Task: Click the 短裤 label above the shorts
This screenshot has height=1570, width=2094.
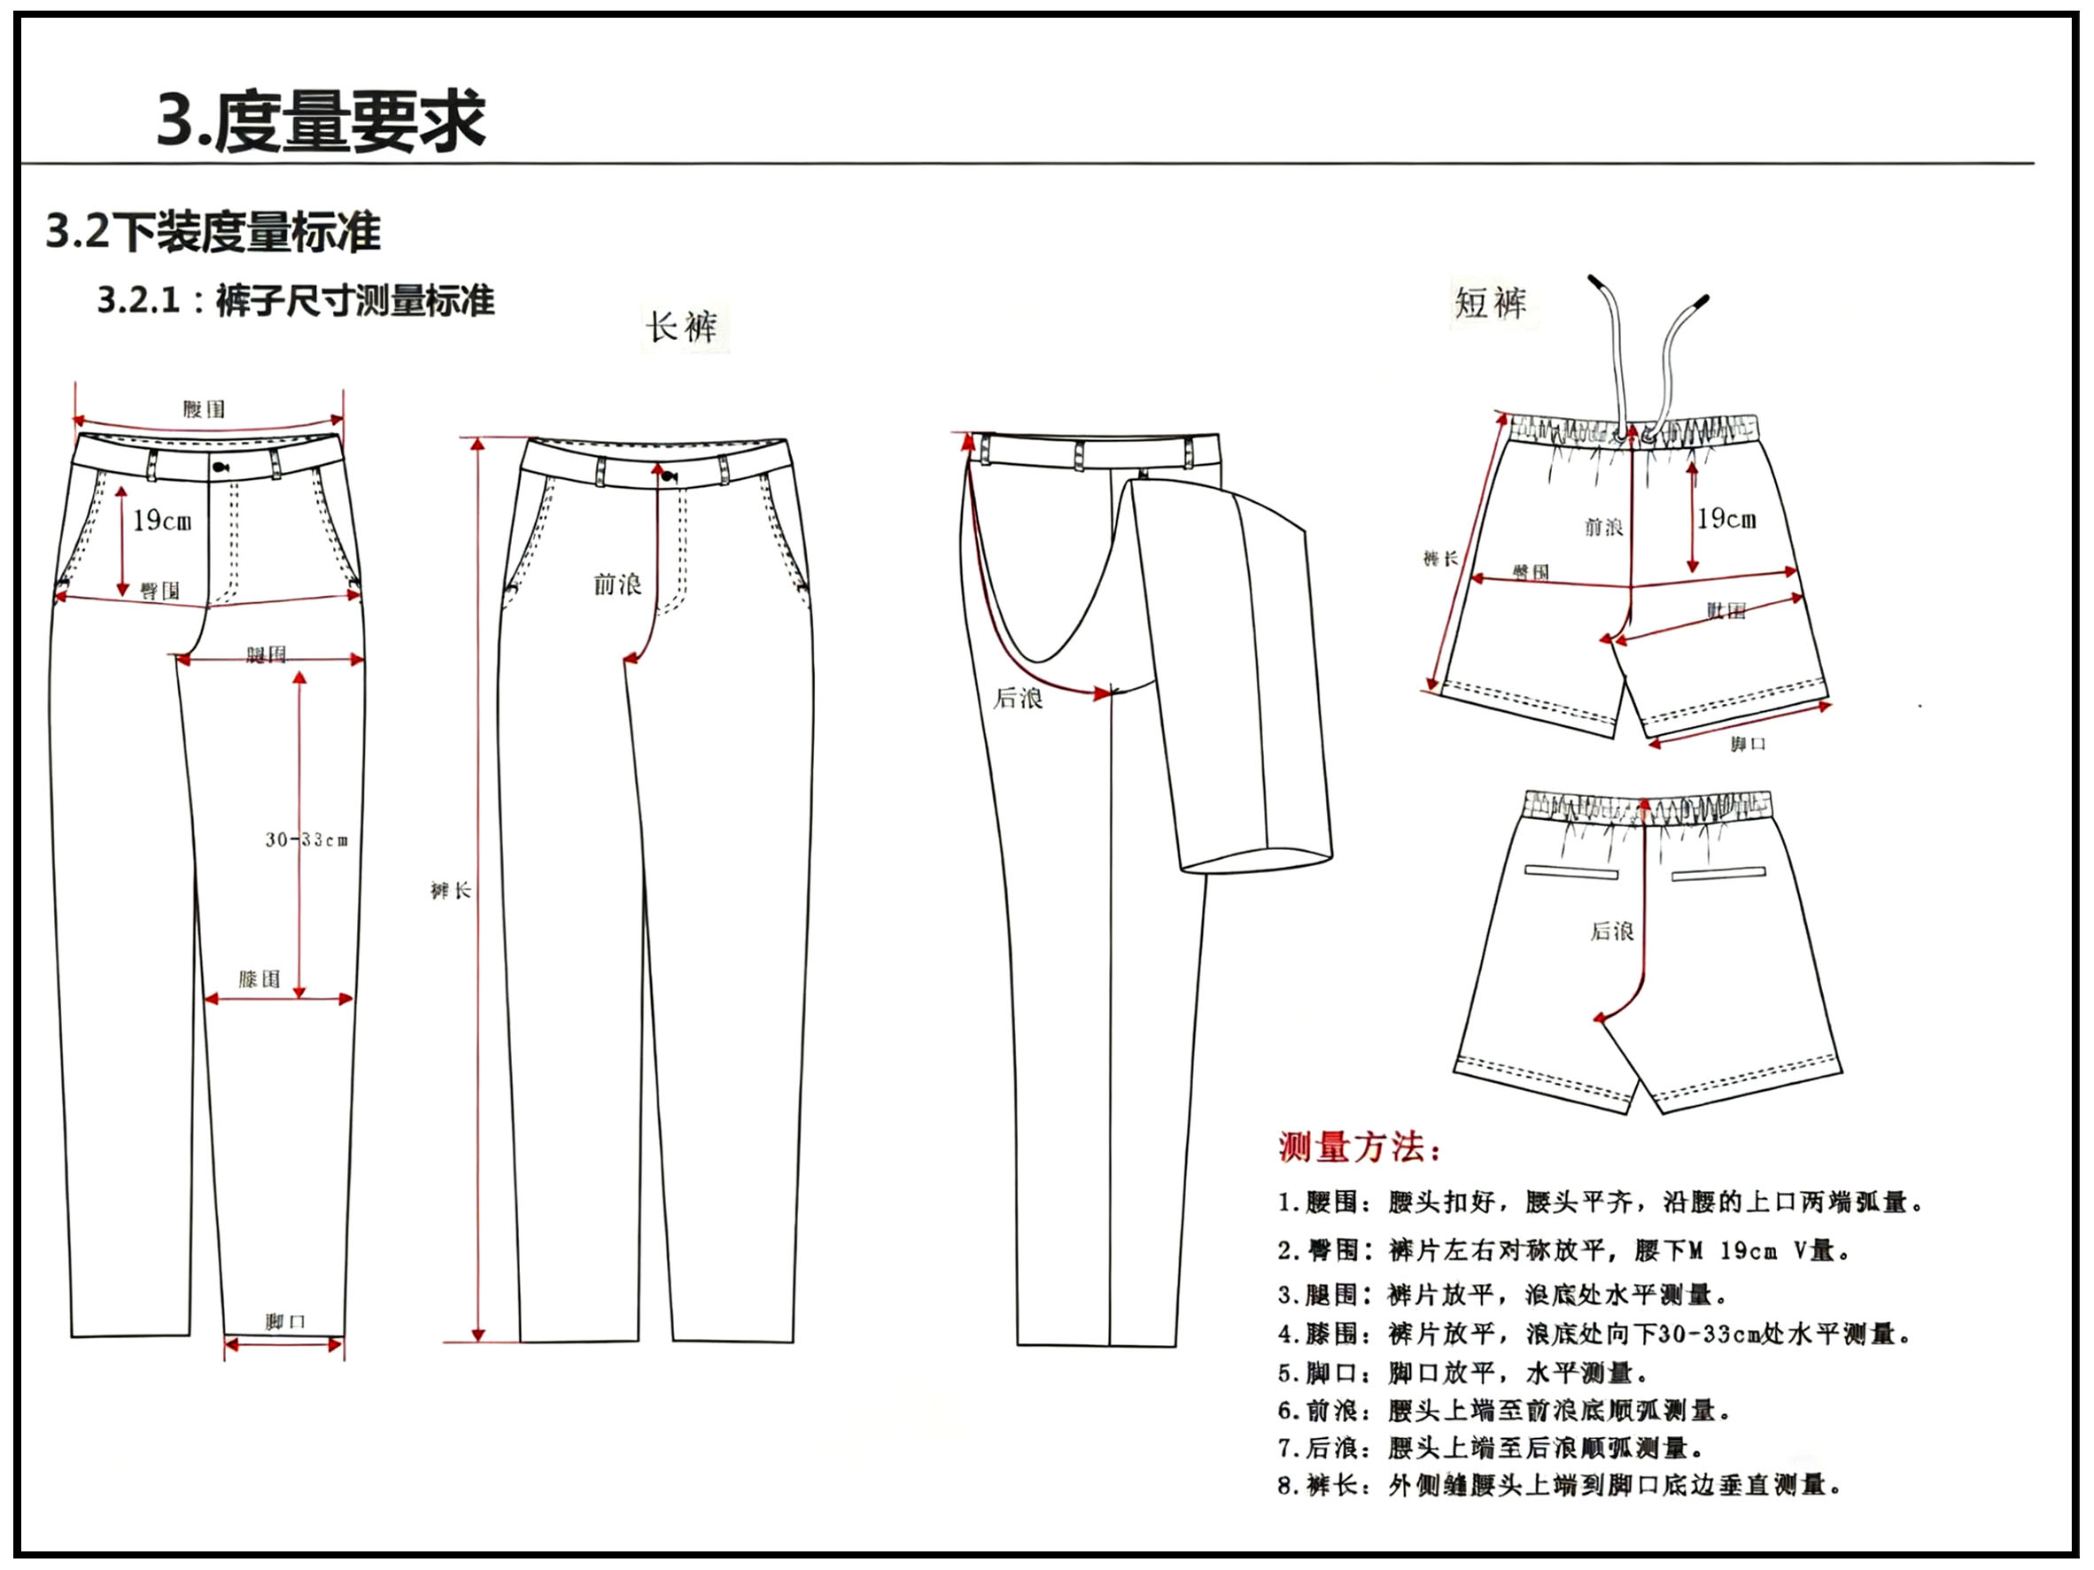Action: [x=1490, y=303]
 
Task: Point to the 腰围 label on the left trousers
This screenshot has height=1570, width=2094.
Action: [x=205, y=409]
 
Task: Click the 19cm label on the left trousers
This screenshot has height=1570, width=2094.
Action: [x=162, y=521]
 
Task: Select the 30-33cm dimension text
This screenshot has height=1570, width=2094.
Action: [x=306, y=839]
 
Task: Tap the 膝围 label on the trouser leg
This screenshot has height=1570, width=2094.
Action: [x=260, y=978]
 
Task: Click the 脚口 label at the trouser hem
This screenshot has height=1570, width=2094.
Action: [x=285, y=1322]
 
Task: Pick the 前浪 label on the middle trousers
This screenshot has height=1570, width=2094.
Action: [x=617, y=584]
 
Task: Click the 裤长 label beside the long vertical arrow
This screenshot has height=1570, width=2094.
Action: [x=451, y=891]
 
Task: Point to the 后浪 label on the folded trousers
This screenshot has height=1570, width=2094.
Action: [x=1018, y=699]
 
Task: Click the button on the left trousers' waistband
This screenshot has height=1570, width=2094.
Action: [x=221, y=467]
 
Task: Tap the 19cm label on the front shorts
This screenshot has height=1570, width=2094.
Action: [x=1726, y=519]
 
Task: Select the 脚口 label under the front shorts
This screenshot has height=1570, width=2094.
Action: [x=1748, y=744]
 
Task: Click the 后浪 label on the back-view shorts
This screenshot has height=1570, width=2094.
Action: [x=1611, y=932]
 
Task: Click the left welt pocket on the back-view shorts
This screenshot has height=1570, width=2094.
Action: [x=1570, y=871]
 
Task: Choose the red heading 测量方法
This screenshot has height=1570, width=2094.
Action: [x=1360, y=1147]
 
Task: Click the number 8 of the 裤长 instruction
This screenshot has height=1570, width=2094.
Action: [x=1284, y=1485]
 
